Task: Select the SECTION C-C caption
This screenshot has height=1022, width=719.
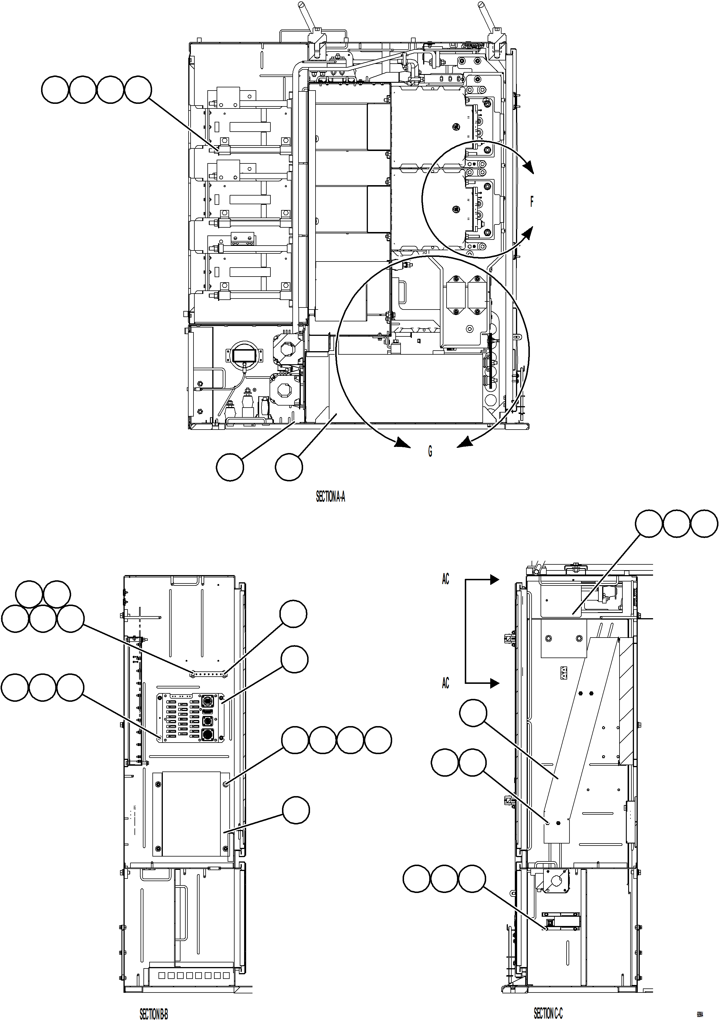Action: [x=548, y=1001]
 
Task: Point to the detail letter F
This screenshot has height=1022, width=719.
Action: [x=531, y=202]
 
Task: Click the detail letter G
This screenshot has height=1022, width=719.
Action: [x=430, y=451]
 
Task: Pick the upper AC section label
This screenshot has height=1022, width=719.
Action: [x=445, y=579]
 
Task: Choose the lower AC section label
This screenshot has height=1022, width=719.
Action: [x=445, y=683]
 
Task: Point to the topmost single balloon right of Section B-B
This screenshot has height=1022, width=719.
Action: [x=293, y=614]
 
